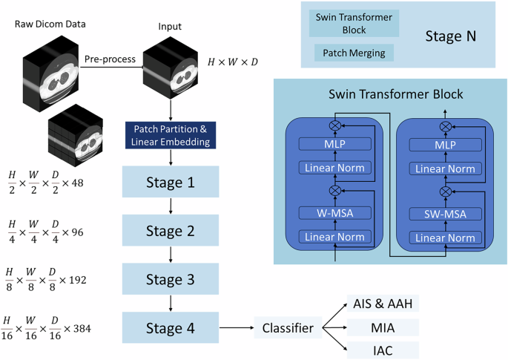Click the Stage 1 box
pos(170,182)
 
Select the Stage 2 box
pos(170,231)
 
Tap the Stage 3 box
pos(170,280)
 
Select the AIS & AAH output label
pos(382,303)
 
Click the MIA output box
pos(382,327)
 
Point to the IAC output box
pos(382,350)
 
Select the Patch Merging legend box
pos(354,53)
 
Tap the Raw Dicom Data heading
pos(49,24)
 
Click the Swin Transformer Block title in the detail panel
pos(395,94)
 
